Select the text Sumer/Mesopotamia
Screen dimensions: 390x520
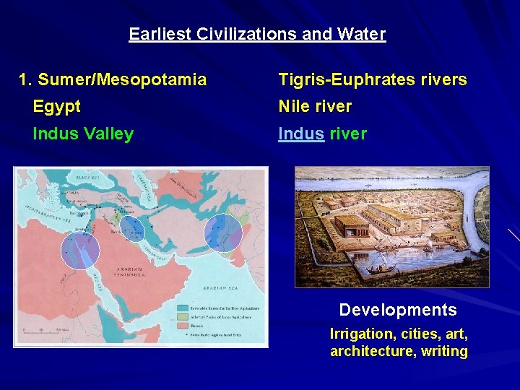click(121, 79)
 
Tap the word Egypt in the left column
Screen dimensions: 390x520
click(56, 107)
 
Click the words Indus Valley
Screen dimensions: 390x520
click(83, 134)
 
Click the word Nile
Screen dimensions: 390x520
click(294, 107)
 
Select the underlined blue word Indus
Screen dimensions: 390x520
click(302, 134)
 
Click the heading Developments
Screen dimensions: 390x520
click(398, 311)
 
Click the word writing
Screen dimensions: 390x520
click(445, 352)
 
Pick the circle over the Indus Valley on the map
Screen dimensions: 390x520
click(223, 233)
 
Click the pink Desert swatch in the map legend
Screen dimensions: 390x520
click(182, 326)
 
